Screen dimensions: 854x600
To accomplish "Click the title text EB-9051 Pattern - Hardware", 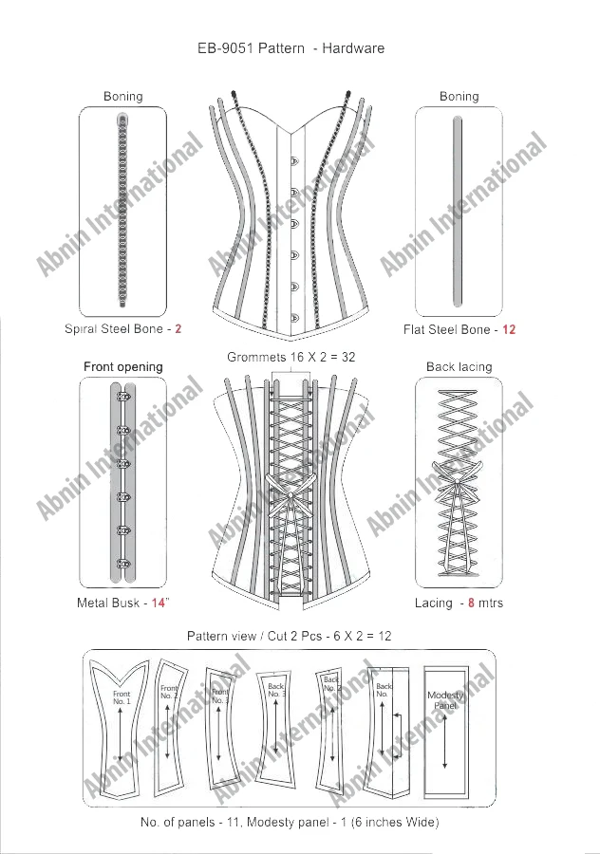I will (290, 48).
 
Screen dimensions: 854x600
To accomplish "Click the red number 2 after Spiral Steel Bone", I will (178, 330).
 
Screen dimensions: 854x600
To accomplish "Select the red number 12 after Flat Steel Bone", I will (509, 330).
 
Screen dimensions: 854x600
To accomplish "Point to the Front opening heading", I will (123, 366).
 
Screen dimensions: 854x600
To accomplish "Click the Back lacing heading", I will (459, 366).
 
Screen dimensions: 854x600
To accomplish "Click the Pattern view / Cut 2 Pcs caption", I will (289, 635).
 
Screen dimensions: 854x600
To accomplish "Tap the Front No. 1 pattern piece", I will (122, 721).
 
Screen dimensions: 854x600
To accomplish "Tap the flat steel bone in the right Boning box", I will (459, 211).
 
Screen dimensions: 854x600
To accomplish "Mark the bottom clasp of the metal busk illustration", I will (123, 567).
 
